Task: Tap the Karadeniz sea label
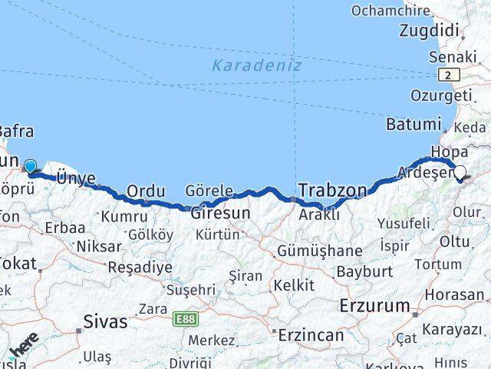(x=257, y=65)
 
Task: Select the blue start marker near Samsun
(x=30, y=166)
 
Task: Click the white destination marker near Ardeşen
(x=461, y=173)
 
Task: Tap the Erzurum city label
(x=375, y=305)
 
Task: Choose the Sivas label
(x=105, y=321)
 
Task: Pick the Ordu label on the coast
(x=146, y=191)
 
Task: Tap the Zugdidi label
(x=429, y=32)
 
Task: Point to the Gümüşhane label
(x=320, y=251)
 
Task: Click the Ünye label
(x=76, y=178)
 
